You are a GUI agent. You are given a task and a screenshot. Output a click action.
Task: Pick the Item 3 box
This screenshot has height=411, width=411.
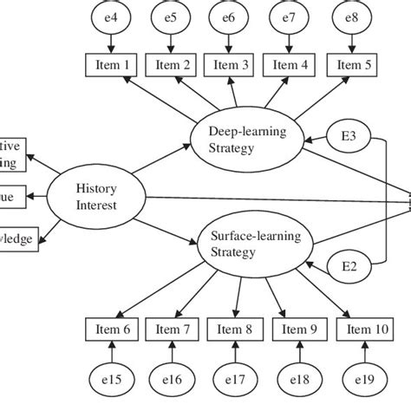pyautogui.click(x=232, y=63)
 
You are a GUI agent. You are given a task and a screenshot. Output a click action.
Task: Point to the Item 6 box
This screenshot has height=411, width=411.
pyautogui.click(x=110, y=329)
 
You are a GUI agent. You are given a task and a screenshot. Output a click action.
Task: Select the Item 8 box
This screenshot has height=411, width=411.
pyautogui.click(x=234, y=329)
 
